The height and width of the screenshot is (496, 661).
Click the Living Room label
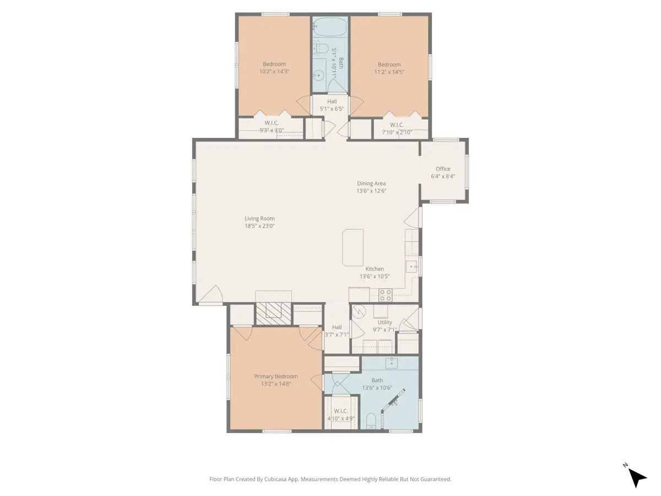259,219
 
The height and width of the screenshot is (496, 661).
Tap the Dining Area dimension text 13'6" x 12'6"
371,191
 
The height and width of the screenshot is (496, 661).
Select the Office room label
443,169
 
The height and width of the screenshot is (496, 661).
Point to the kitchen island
353,247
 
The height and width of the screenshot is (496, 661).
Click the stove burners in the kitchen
385,295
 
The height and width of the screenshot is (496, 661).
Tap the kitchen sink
411,267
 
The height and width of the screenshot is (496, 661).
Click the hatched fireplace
273,314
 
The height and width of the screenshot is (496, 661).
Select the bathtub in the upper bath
330,26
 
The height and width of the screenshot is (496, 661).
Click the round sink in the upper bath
318,76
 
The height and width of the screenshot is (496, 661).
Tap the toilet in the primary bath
371,421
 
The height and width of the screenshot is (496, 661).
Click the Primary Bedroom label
276,376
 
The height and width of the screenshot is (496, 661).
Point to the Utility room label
384,322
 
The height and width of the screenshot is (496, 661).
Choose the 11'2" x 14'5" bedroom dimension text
389,72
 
